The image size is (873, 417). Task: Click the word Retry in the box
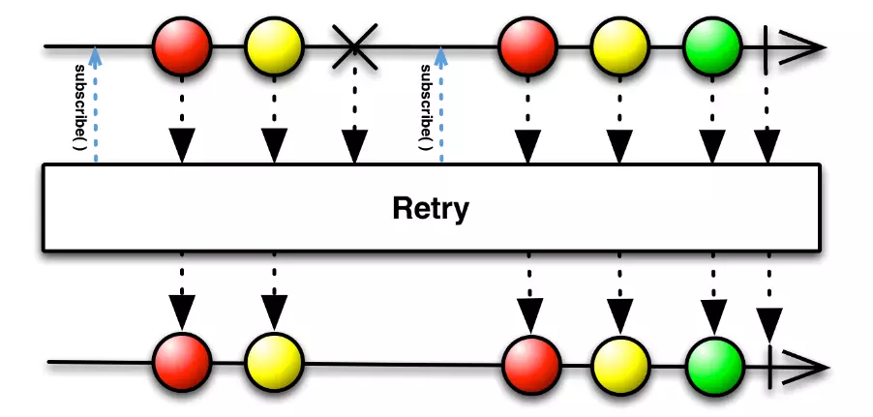[432, 208]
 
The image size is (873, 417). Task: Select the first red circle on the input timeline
[182, 45]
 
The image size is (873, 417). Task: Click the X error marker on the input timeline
[354, 46]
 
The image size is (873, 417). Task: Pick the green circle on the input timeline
[712, 45]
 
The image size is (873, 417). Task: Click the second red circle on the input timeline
[527, 45]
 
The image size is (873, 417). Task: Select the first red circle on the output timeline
[182, 364]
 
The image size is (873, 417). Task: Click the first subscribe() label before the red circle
[80, 105]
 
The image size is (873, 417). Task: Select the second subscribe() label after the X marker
[425, 107]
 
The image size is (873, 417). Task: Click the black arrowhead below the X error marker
[354, 145]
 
